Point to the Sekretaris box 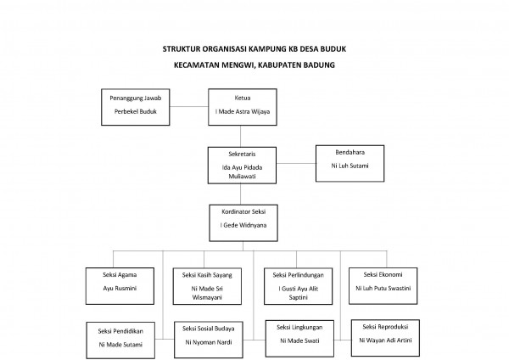[x=242, y=164]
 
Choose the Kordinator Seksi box [x=242, y=219]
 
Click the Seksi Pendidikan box [x=120, y=338]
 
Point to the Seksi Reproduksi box [x=387, y=335]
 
